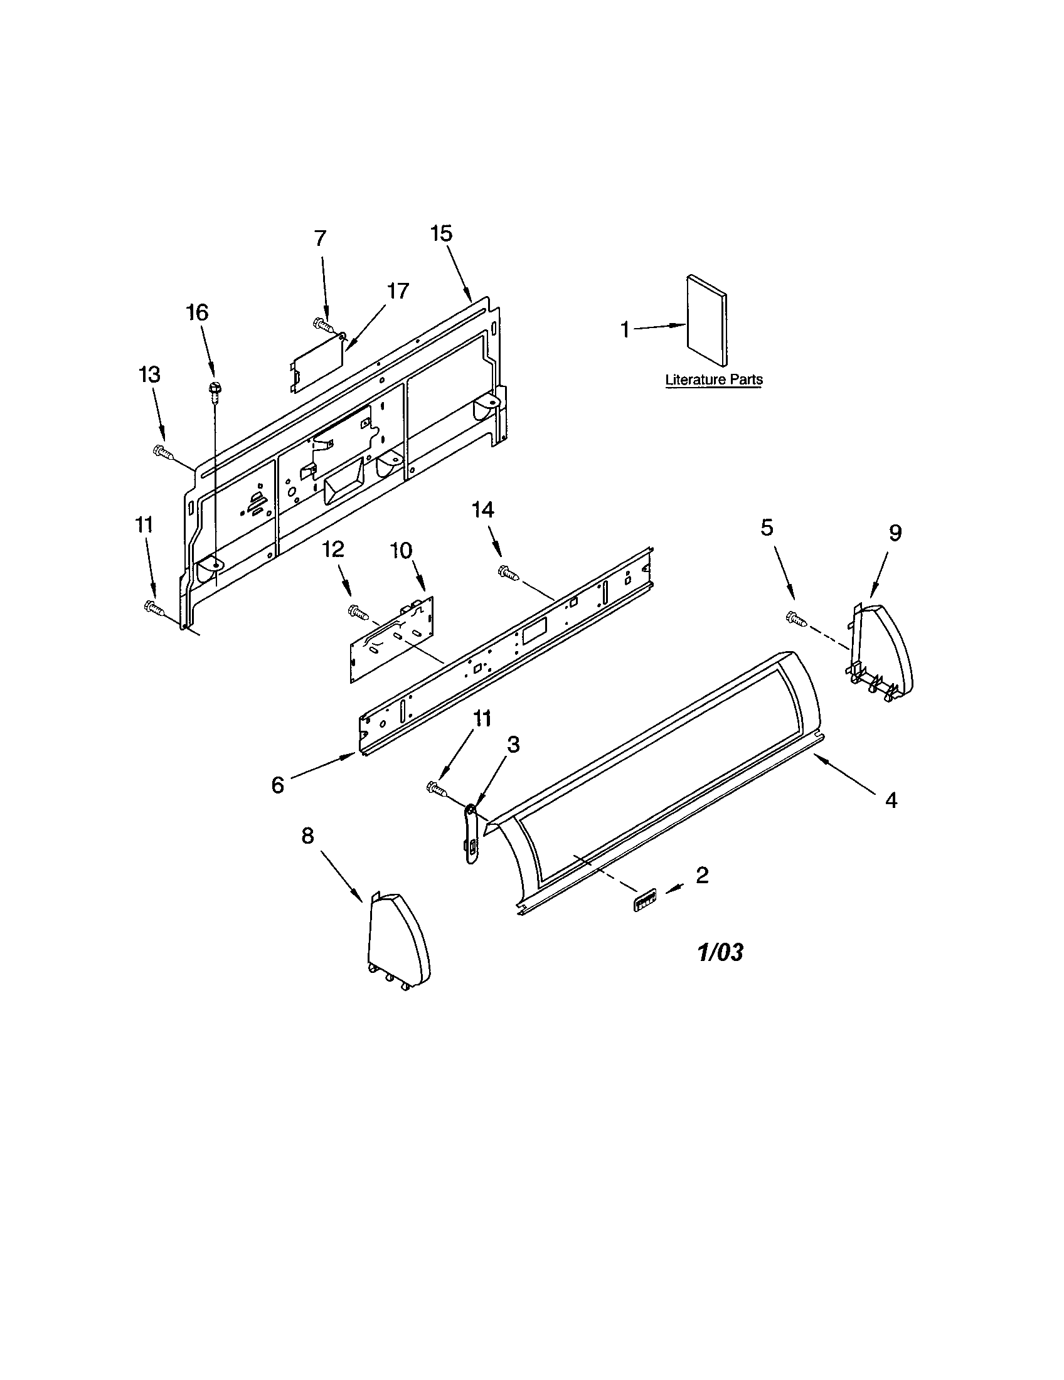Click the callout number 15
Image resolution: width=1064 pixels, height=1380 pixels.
tap(442, 233)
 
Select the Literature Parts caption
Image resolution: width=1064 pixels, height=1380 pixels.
tap(713, 380)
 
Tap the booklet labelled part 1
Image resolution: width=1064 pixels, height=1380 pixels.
tap(706, 321)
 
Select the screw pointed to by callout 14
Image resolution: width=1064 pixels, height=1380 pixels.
tap(509, 573)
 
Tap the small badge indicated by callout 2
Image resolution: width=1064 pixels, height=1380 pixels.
tap(643, 898)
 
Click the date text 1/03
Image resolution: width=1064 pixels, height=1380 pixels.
tap(720, 970)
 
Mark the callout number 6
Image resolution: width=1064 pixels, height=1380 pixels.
tap(278, 785)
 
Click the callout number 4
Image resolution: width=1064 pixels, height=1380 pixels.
tap(890, 800)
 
